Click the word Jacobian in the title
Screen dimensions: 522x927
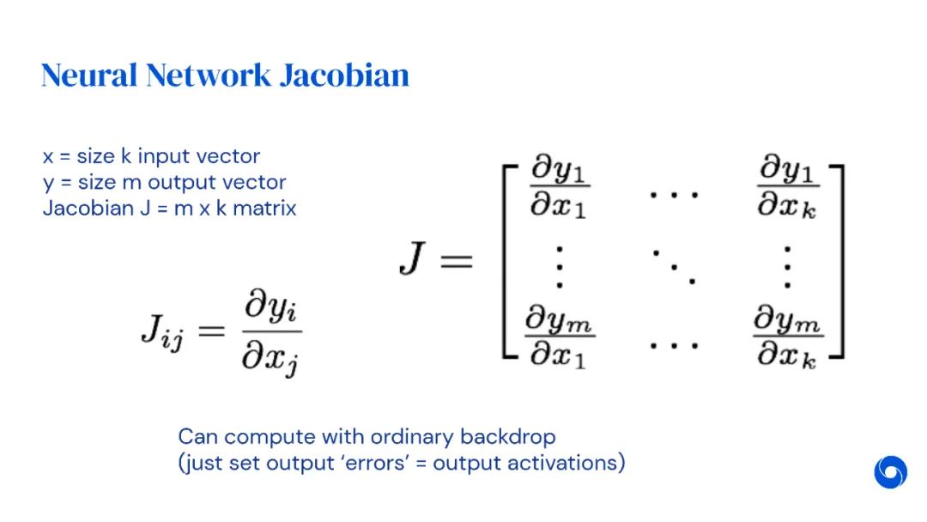(343, 76)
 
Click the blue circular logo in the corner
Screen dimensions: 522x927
(890, 472)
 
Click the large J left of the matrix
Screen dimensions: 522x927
(414, 258)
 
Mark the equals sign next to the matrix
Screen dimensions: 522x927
(455, 260)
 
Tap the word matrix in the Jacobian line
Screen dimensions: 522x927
(265, 208)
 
